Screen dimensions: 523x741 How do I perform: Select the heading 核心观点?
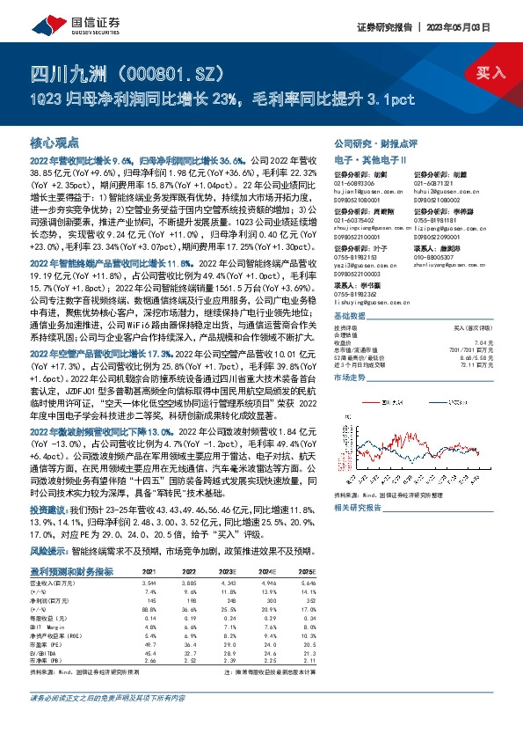click(54, 142)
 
